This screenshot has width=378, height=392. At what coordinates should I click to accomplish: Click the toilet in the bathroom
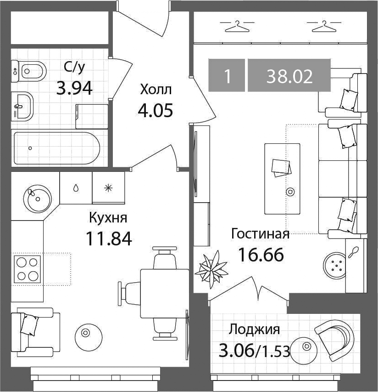[x=29, y=71]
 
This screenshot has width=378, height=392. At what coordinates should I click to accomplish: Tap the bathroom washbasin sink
[x=22, y=106]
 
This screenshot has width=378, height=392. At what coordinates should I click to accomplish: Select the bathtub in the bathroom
[x=57, y=148]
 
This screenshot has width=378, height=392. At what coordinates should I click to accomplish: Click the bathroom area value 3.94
[x=74, y=88]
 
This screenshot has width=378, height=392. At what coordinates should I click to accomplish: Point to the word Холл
[x=156, y=90]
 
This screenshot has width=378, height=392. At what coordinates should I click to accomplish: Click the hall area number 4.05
[x=155, y=110]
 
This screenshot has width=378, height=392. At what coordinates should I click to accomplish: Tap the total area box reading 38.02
[x=289, y=75]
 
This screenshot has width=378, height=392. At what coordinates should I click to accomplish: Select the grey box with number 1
[x=227, y=75]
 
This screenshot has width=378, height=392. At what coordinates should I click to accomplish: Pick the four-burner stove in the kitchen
[x=27, y=269]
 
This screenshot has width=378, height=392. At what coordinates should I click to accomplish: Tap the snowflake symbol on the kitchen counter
[x=108, y=188]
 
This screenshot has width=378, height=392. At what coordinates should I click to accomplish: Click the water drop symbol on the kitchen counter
[x=76, y=188]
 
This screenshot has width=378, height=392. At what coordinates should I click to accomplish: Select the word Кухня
[x=108, y=218]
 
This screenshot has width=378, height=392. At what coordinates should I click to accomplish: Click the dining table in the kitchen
[x=165, y=293]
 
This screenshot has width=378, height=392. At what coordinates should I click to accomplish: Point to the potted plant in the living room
[x=211, y=269]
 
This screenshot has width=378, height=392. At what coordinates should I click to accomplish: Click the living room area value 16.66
[x=261, y=254]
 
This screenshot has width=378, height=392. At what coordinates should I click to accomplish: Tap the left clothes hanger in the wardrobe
[x=237, y=27]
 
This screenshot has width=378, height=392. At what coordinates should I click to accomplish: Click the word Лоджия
[x=255, y=329]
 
